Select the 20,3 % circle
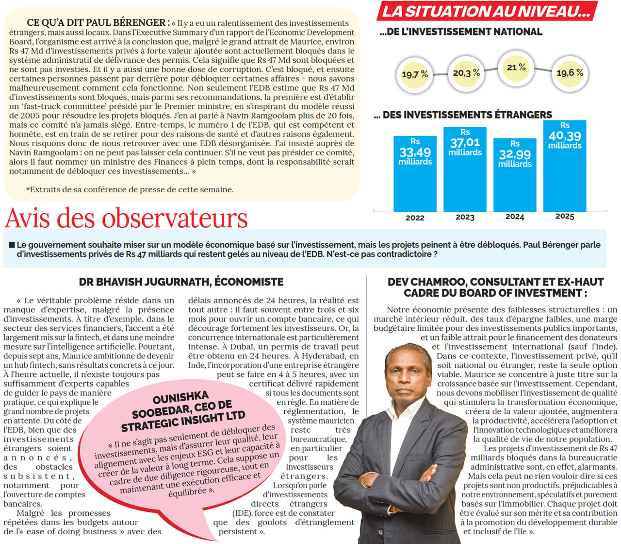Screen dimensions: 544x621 coord(466,73)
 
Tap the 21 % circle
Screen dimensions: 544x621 coord(516,68)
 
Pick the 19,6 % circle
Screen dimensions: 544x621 coord(570,73)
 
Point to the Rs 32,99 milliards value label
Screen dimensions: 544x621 coord(515,154)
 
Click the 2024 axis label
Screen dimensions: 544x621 coord(515,217)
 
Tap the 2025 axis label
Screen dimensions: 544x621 coord(565,216)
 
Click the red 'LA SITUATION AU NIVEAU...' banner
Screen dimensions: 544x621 coord(486,11)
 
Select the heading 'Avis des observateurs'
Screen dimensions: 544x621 coord(127,218)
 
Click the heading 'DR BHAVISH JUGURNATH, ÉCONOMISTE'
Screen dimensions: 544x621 coord(181,282)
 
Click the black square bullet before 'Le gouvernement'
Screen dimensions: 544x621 coord(12,245)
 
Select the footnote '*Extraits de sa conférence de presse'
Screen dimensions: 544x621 coord(130,189)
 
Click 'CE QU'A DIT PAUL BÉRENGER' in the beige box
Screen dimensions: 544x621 coord(97,22)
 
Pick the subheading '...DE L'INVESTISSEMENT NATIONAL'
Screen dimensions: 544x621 coord(461,32)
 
